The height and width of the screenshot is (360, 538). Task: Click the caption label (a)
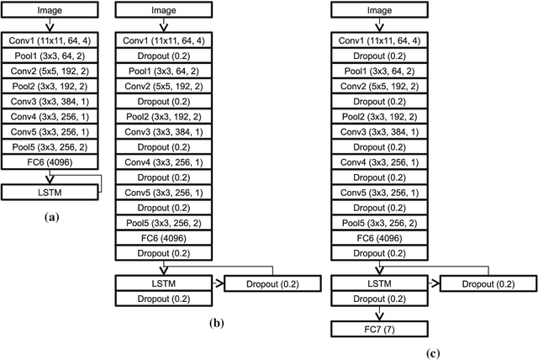50,216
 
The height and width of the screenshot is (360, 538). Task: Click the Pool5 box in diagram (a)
51,147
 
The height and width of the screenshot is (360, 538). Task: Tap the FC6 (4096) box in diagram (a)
51,162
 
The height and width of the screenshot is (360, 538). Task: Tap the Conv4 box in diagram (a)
51,117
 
